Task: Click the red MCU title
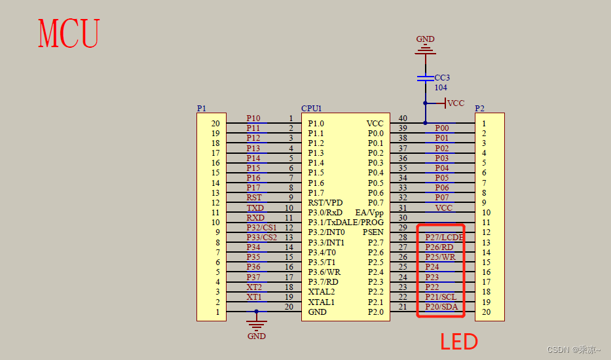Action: (x=69, y=33)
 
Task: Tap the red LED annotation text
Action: (x=458, y=341)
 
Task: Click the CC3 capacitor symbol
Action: (x=425, y=79)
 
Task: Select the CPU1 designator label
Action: (x=312, y=108)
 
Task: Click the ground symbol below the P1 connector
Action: (x=256, y=325)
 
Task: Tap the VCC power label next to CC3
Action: (x=455, y=103)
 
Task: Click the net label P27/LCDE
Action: (x=444, y=237)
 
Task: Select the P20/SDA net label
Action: (x=441, y=307)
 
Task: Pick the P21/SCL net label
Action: (x=441, y=297)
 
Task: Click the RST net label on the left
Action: (x=254, y=197)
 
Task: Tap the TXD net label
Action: (x=255, y=207)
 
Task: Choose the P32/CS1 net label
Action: (x=261, y=227)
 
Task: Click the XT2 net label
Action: (x=254, y=287)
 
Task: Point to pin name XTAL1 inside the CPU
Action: (x=321, y=302)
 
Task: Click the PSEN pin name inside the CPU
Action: (x=373, y=232)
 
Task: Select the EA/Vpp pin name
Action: (x=369, y=213)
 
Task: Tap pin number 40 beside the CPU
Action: (x=403, y=118)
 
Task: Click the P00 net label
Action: (x=442, y=128)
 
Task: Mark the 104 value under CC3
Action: (x=441, y=87)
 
